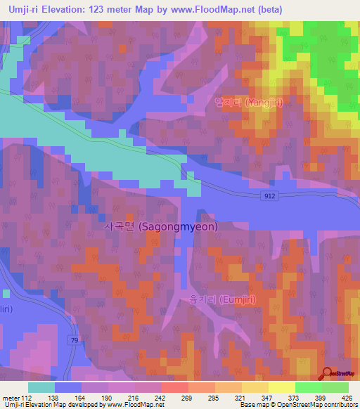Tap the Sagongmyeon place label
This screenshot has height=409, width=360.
coord(161,227)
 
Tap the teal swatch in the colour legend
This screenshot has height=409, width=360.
coord(41,387)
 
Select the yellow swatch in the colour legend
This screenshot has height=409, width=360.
coord(281,387)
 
